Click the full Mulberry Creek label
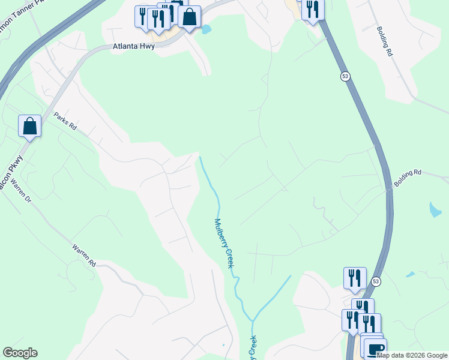click(224, 244)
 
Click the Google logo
click(20, 353)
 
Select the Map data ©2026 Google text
click(412, 355)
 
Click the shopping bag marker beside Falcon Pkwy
click(29, 126)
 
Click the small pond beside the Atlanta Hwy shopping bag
click(206, 29)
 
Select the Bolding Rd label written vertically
click(384, 41)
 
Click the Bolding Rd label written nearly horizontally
click(408, 176)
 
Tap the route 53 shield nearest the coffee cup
click(376, 281)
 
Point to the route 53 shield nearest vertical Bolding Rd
click(345, 76)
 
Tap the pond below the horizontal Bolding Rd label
click(435, 209)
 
